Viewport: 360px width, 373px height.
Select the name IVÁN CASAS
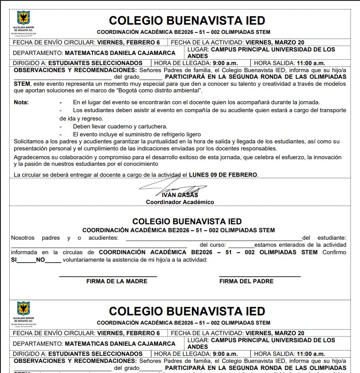[x=180, y=195]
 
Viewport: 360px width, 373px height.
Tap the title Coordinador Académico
[x=180, y=202]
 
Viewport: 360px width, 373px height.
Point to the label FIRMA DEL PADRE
[x=246, y=281]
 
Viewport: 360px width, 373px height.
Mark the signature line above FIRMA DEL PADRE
[x=260, y=276]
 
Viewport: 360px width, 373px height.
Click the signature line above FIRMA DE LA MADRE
[x=108, y=276]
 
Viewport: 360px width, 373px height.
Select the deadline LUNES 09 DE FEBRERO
[x=223, y=175]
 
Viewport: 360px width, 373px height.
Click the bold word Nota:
[x=21, y=102]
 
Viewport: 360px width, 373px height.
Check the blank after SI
[x=28, y=260]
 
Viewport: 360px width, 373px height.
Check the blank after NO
[x=53, y=260]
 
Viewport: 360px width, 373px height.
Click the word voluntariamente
[x=85, y=260]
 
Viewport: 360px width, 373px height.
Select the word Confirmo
[x=334, y=252]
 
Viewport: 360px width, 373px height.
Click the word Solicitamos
[x=29, y=142]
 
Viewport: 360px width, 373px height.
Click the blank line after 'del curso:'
[x=241, y=245]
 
